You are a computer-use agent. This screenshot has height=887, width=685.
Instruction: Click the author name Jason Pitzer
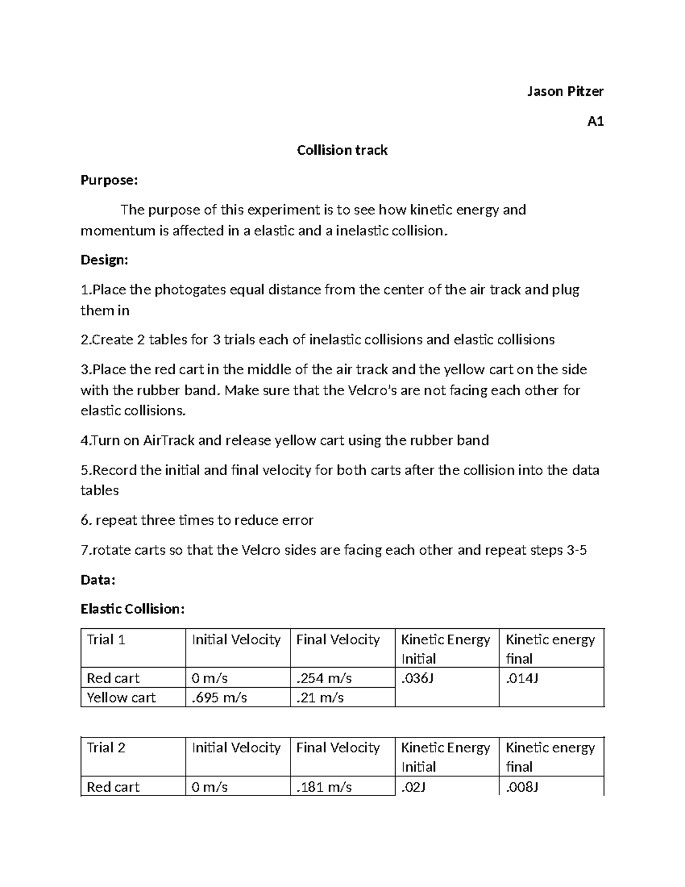tap(565, 91)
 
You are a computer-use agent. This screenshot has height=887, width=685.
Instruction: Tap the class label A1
tap(595, 121)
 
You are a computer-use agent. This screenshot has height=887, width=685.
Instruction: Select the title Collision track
tap(342, 150)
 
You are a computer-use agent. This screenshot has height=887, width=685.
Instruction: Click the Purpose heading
tap(109, 180)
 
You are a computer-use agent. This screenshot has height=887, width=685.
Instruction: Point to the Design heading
tap(104, 260)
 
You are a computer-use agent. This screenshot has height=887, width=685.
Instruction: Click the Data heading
tap(98, 580)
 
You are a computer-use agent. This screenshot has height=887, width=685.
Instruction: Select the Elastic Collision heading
tap(132, 609)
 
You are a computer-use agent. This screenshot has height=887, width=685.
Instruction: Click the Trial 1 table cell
tap(106, 640)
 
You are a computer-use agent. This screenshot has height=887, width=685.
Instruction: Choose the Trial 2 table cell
tap(106, 748)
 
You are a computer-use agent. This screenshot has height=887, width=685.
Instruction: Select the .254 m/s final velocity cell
tap(324, 678)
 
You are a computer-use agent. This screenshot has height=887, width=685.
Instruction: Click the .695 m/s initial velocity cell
tap(219, 697)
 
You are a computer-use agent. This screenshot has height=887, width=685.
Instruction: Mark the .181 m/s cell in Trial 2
tap(324, 787)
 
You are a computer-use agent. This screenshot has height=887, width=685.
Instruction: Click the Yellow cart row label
tap(121, 697)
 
